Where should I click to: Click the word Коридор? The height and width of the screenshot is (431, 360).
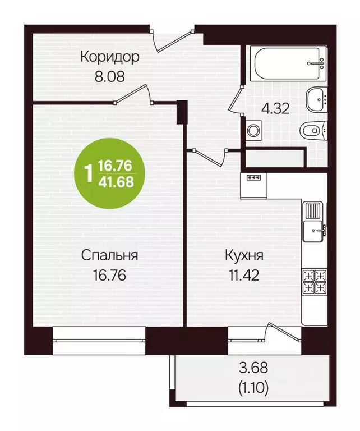click(x=109, y=57)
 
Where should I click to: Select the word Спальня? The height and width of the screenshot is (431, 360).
click(x=110, y=256)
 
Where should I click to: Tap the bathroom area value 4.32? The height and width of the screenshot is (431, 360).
click(x=275, y=108)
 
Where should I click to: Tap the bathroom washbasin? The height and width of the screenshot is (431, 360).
click(x=316, y=100)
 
